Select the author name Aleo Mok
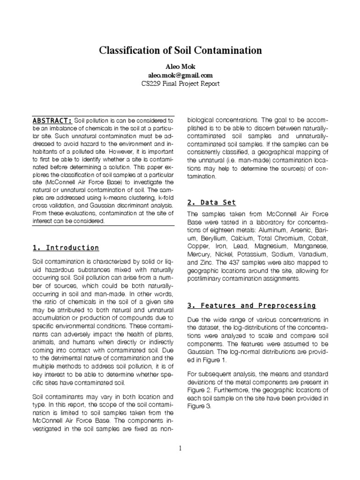[180, 66]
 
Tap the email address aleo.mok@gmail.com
[180, 75]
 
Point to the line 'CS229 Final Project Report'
[180, 83]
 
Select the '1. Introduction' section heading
[65, 247]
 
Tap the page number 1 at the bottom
[180, 448]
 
